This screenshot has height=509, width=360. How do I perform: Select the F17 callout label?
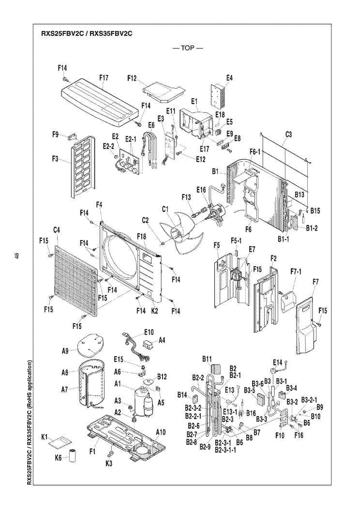pos(104,77)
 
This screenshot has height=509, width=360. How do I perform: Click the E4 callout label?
pos(229,77)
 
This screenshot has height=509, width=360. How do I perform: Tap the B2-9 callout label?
pos(206,446)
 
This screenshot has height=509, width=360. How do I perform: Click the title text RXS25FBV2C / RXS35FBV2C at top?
pos(87,34)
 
